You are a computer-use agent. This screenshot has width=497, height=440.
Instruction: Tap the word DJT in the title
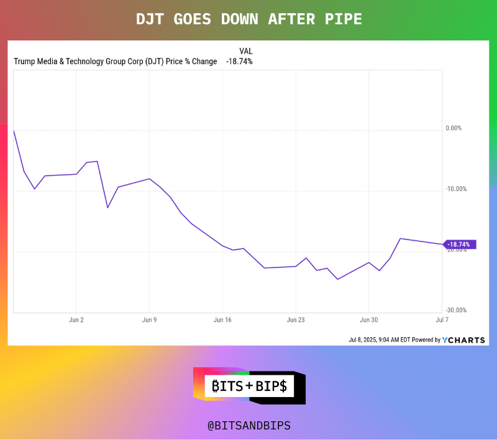pos(151,19)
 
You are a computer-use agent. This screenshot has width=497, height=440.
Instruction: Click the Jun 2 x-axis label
pos(76,319)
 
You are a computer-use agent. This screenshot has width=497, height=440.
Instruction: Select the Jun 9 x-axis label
pos(149,319)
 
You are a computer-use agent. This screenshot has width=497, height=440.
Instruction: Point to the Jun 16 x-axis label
pos(222,319)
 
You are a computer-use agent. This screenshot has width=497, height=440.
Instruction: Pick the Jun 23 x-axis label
pos(296,319)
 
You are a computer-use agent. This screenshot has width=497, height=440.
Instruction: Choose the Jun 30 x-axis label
pos(369,319)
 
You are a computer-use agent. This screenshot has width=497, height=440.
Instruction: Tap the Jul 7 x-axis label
pos(441,319)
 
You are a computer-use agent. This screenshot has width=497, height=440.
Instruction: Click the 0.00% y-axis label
pos(454,128)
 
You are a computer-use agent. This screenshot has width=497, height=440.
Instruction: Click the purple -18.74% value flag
pos(460,245)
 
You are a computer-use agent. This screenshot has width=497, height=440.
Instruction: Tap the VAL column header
pos(245,51)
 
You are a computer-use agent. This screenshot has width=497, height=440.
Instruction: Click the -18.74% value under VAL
pos(239,62)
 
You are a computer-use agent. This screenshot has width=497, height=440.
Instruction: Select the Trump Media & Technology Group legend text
pos(115,62)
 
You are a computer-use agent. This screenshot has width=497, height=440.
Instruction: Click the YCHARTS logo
pos(463,340)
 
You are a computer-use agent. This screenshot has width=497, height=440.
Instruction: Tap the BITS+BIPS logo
pos(248,386)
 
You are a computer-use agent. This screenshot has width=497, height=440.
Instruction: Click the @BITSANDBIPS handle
pos(248,426)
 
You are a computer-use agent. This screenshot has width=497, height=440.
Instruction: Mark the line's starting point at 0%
pos(14,130)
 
